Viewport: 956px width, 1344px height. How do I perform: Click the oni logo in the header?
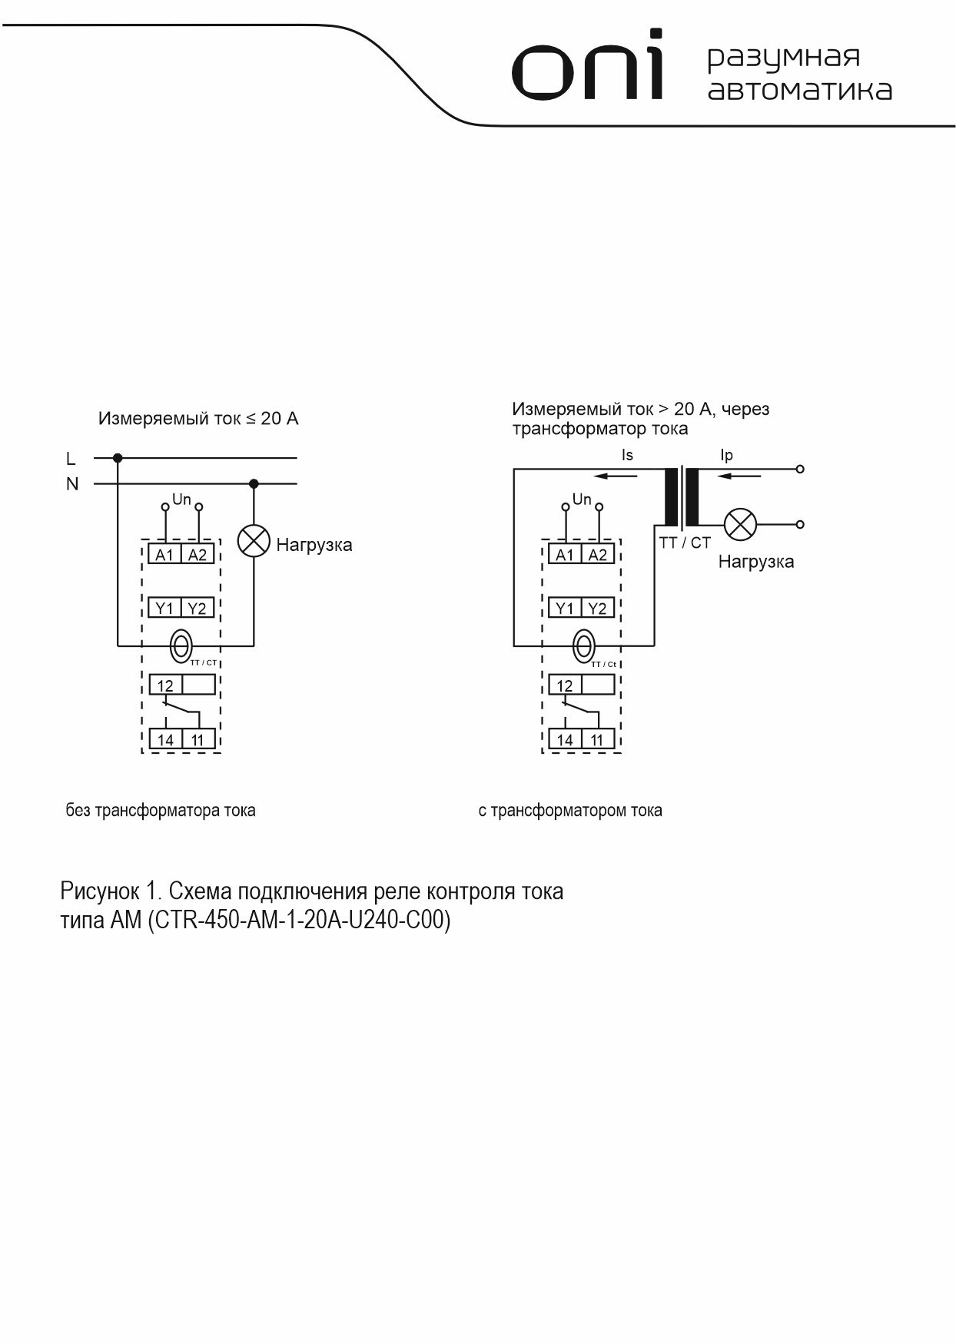click(587, 68)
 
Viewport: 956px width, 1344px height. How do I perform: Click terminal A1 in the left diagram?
click(164, 554)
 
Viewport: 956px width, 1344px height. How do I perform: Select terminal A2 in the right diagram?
click(597, 554)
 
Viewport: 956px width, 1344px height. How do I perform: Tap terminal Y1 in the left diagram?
click(164, 608)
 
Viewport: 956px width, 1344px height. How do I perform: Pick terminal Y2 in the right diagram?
click(597, 608)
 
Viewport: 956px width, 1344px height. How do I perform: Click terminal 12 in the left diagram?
click(165, 685)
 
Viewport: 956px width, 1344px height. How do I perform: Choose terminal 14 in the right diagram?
click(565, 739)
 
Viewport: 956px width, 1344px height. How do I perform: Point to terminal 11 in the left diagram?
click(198, 739)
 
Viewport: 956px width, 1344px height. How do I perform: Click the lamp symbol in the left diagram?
click(254, 541)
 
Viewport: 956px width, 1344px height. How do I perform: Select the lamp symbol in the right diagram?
click(741, 525)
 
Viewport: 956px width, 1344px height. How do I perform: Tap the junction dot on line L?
click(118, 458)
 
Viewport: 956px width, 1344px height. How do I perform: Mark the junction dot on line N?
click(254, 483)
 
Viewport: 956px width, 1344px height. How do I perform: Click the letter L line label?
click(71, 459)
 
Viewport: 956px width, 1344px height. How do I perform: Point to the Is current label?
click(627, 455)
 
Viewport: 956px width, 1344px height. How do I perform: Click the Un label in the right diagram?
click(582, 499)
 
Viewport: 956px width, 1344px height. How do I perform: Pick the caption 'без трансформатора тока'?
click(161, 810)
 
